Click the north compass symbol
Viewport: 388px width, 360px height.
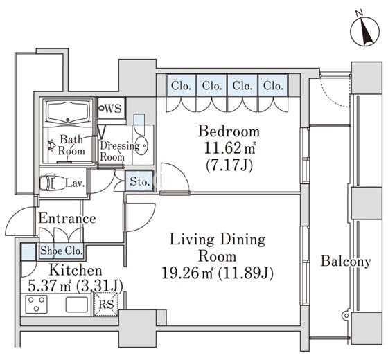click(x=365, y=32)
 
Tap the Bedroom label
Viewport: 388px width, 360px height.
click(x=229, y=132)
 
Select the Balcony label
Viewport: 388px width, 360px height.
click(x=346, y=262)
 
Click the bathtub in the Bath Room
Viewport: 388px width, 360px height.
click(x=69, y=113)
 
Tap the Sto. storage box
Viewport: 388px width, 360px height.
click(x=139, y=181)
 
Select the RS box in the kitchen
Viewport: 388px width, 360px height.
click(x=106, y=304)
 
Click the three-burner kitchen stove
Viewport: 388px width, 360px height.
click(x=36, y=304)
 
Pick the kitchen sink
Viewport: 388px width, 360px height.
click(x=77, y=305)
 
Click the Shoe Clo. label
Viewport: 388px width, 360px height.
click(x=61, y=251)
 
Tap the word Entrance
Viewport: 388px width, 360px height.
click(x=67, y=218)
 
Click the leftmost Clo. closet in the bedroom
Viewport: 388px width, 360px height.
click(x=181, y=85)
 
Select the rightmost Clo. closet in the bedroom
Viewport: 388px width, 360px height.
click(x=273, y=85)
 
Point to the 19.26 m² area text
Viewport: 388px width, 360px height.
click(x=187, y=273)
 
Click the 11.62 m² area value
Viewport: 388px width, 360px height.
click(x=229, y=148)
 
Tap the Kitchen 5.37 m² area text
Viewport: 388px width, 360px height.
click(x=49, y=287)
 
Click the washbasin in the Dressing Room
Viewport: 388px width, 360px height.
click(x=142, y=146)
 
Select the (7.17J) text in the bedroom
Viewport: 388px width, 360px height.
click(x=229, y=165)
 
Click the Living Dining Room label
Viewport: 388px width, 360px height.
click(x=218, y=248)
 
